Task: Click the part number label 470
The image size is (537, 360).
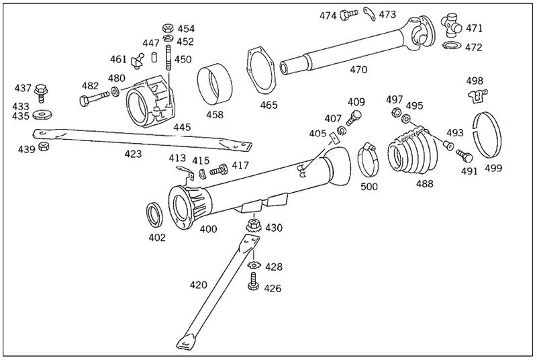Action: point(358,69)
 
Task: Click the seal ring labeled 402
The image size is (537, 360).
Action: point(155,214)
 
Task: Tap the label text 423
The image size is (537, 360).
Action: point(134,154)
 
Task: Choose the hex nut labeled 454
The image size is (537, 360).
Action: point(168,28)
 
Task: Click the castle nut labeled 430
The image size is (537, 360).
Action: point(254,226)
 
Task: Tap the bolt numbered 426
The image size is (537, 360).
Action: point(254,286)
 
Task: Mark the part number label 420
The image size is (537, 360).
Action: point(197,285)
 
